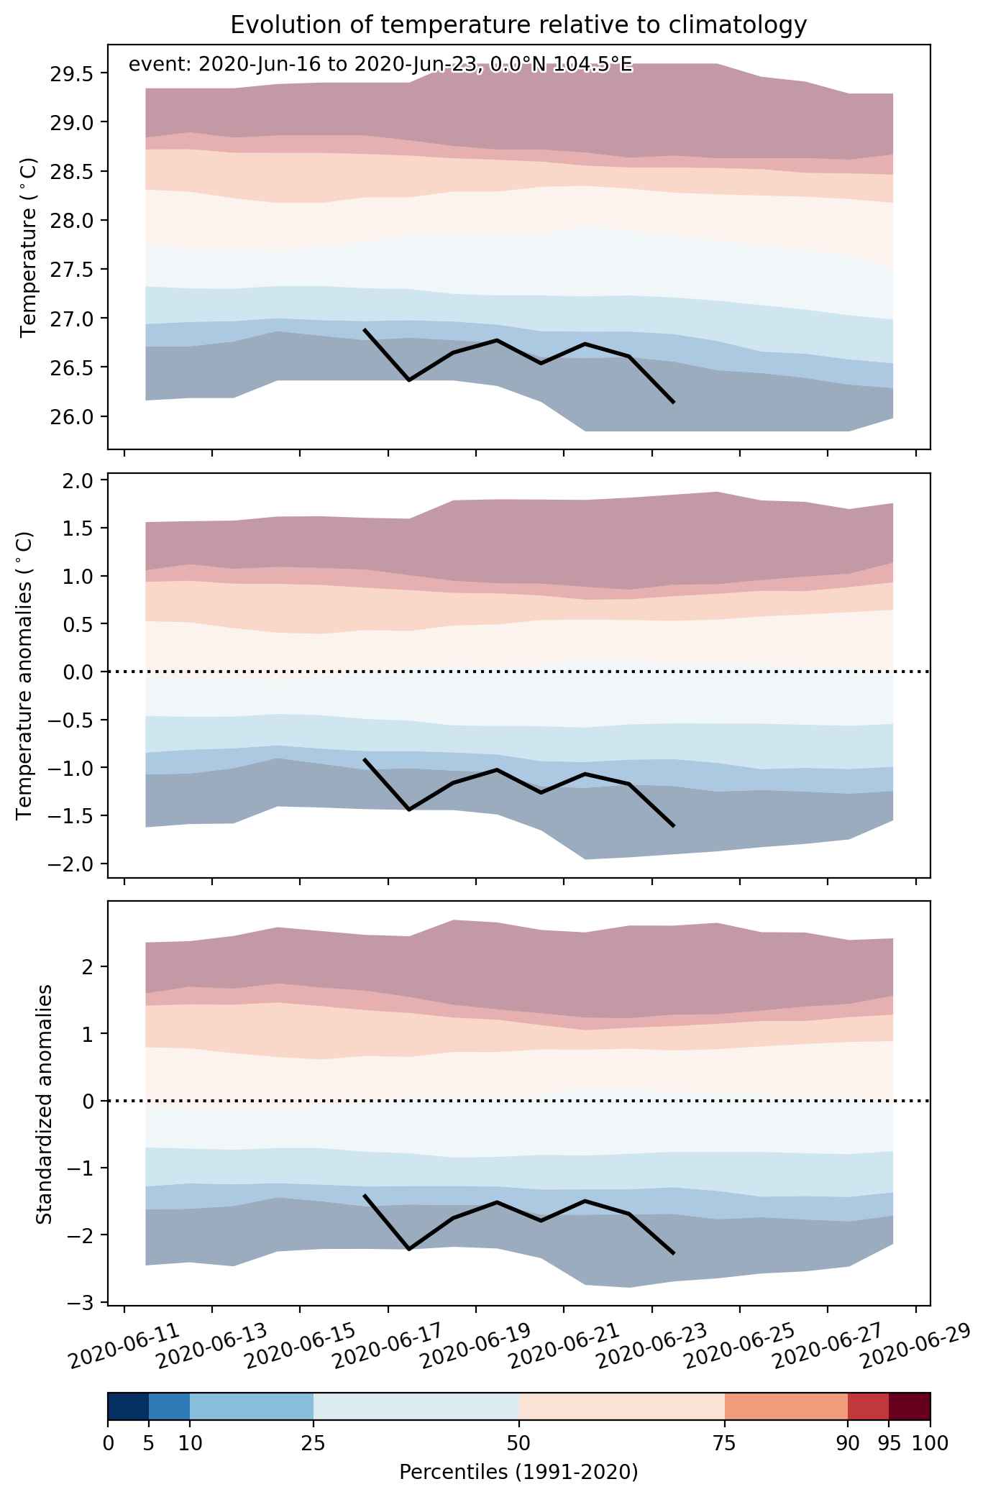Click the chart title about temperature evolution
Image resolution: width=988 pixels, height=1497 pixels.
point(518,25)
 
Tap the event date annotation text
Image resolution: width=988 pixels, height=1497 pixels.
point(380,65)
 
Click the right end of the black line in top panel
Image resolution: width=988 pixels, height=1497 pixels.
point(674,403)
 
